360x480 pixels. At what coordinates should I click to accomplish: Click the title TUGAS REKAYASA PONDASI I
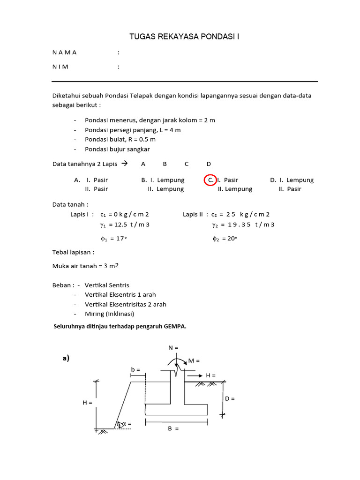pos(184,37)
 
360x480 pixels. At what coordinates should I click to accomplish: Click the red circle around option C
pos(210,180)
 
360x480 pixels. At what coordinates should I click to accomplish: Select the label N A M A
pos(65,52)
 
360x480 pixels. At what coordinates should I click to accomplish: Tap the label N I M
pos(60,67)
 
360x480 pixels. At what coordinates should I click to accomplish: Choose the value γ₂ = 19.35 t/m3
pos(243,225)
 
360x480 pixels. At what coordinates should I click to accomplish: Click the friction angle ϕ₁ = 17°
pos(113,239)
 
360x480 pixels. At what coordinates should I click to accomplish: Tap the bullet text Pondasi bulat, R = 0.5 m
pos(120,139)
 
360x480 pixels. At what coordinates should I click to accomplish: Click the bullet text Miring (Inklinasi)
pos(109,314)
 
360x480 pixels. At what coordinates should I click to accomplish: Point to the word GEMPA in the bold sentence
pos(175,327)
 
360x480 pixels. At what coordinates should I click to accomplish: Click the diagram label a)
pos(66,358)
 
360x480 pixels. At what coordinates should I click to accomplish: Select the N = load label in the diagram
pos(173,347)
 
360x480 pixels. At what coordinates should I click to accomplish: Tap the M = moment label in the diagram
pos(194,360)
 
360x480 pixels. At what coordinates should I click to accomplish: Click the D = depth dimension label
pos(230,398)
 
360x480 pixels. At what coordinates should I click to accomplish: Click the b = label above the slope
pos(135,370)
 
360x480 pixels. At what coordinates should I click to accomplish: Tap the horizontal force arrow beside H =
pos(195,375)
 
